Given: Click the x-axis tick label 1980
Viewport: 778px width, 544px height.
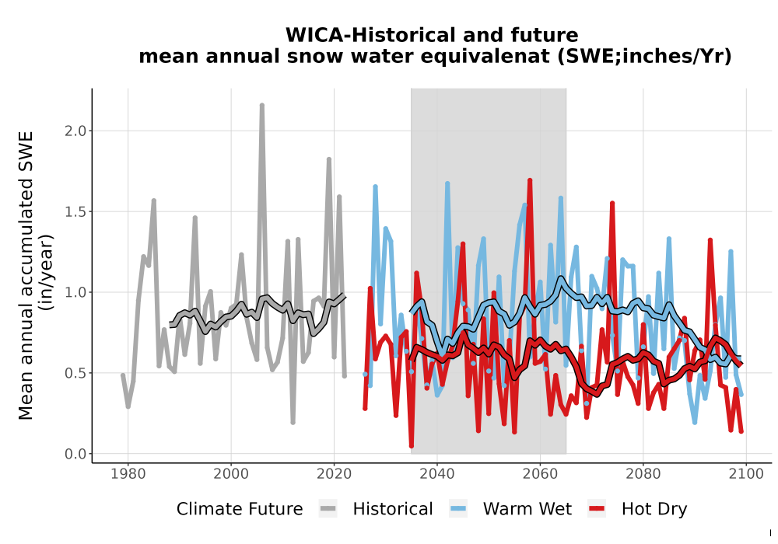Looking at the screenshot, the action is (128, 474).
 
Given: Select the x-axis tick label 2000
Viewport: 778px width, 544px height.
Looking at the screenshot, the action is (231, 474).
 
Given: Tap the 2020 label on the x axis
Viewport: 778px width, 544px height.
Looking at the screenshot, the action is (334, 474).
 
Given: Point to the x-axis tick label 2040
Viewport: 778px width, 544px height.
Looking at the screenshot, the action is (437, 474).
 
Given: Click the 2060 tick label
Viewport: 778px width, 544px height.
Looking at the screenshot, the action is (540, 474).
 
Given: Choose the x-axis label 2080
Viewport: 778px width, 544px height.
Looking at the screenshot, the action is (643, 474).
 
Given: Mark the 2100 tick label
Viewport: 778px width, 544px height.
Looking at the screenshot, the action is (746, 474).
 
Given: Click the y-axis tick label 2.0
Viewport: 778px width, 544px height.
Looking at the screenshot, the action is (75, 131).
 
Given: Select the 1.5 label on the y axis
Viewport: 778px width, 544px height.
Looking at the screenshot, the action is (75, 211).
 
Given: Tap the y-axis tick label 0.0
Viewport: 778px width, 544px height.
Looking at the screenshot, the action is (75, 454).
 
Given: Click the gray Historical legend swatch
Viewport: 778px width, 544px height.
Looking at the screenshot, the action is (328, 509).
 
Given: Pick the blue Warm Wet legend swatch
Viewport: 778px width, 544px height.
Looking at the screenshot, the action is (458, 509).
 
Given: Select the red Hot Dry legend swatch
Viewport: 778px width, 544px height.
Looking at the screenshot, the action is (597, 509).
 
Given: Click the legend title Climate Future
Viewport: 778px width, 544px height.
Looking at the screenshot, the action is (240, 509).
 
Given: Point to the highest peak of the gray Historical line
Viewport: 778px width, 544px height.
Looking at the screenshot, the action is (262, 105).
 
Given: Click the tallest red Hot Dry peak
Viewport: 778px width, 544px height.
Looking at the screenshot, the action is (530, 180).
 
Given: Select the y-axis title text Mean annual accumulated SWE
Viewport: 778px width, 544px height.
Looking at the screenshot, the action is (26, 275).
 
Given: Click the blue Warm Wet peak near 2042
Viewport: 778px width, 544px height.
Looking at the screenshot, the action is (447, 184).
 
